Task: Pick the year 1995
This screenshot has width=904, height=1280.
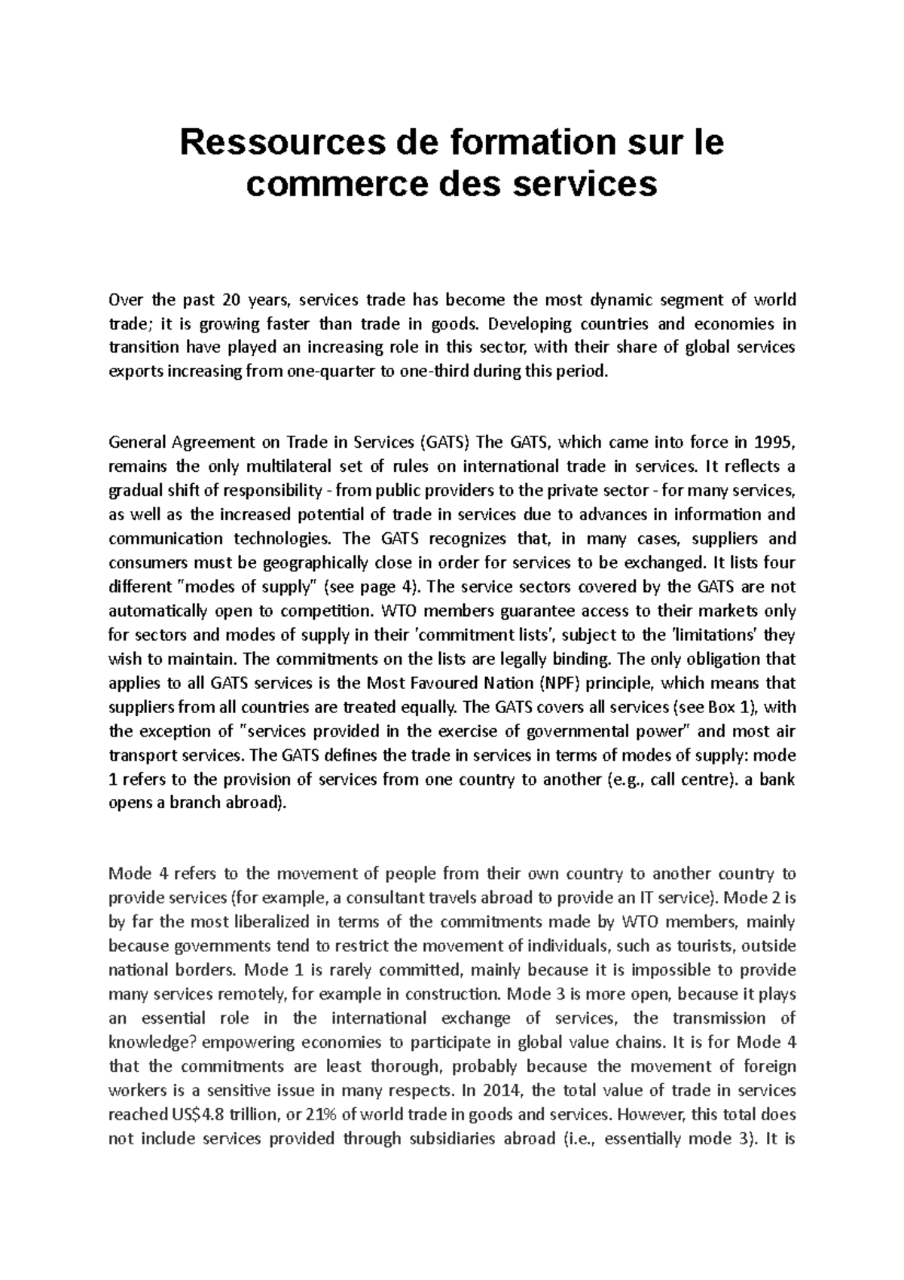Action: pyautogui.click(x=774, y=442)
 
